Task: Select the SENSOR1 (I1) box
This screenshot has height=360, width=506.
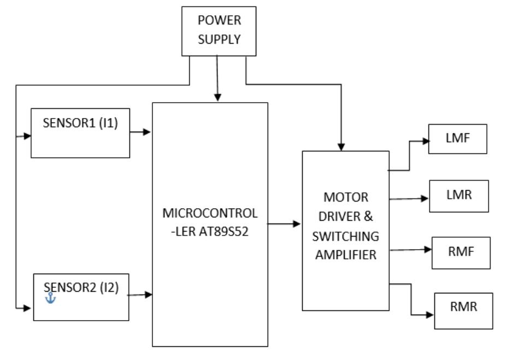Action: point(80,133)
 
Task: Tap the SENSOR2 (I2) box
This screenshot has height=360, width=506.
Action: point(81,297)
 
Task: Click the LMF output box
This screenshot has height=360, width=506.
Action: point(457,139)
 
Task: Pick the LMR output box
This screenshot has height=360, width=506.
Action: point(458,196)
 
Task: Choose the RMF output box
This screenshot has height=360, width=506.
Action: point(461,253)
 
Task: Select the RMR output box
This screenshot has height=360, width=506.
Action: point(463,310)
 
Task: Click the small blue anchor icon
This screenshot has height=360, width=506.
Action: point(50,298)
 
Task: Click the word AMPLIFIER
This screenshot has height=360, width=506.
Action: point(345,254)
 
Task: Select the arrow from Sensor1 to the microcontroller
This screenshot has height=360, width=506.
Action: point(140,132)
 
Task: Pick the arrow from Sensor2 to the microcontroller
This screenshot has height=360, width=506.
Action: point(140,295)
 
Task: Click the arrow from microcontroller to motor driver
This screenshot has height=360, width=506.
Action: point(284,224)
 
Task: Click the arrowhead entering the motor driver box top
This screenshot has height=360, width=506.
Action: point(342,146)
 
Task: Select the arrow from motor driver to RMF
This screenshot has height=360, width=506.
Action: point(410,250)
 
